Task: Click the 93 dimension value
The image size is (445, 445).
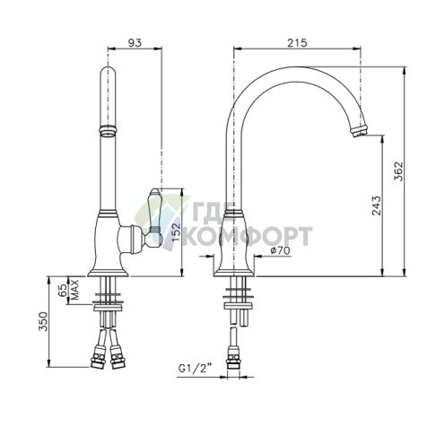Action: tap(135, 43)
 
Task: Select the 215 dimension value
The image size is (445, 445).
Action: tap(297, 43)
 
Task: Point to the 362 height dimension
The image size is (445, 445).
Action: tap(398, 171)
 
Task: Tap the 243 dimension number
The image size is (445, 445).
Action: tap(377, 205)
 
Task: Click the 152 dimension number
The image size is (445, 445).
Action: tap(177, 231)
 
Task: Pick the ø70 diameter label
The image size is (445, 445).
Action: tap(280, 250)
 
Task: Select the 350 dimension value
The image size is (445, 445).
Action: tap(44, 321)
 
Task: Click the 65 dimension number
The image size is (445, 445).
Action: tap(63, 290)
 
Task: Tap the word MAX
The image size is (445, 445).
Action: tap(74, 290)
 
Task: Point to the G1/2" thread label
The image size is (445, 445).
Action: tap(195, 368)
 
